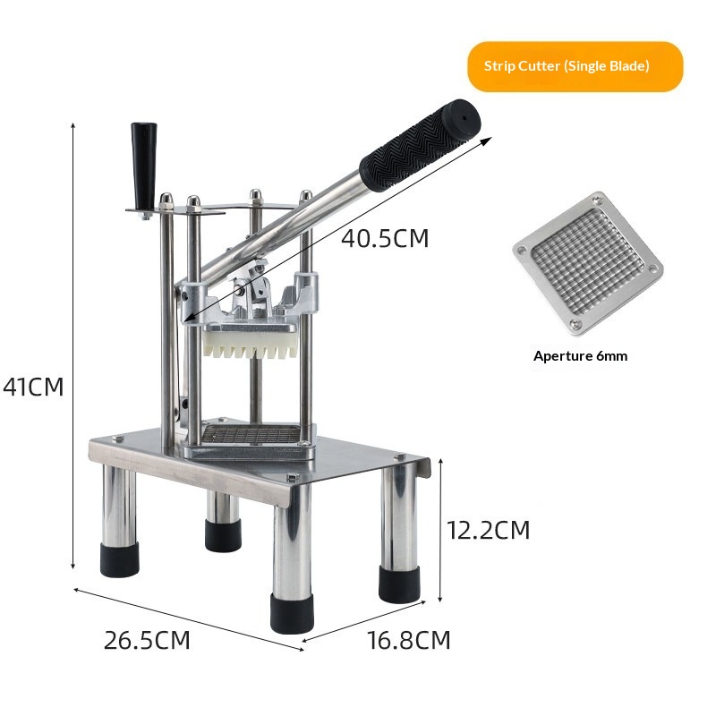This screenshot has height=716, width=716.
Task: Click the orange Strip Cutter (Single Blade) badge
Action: click(575, 66)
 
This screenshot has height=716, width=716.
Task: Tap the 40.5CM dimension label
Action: click(385, 238)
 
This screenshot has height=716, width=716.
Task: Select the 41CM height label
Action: click(33, 388)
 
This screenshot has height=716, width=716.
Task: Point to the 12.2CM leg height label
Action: click(488, 530)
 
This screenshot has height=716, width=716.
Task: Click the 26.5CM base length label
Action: click(147, 640)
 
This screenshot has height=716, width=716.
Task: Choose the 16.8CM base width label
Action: click(409, 640)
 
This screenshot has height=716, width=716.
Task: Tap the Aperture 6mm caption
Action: click(580, 356)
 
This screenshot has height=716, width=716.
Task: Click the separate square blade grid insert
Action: click(588, 264)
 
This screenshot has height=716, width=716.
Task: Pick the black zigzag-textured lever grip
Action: click(419, 145)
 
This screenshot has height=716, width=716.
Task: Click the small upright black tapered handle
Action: click(144, 165)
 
